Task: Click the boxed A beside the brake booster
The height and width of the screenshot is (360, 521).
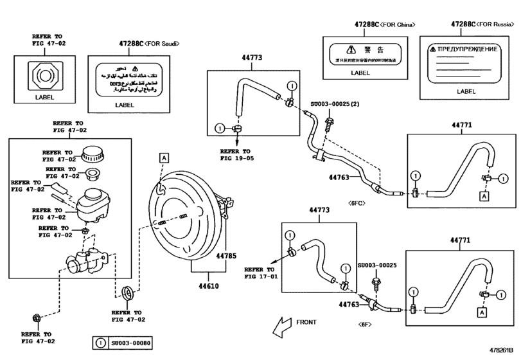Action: [x=164, y=157]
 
